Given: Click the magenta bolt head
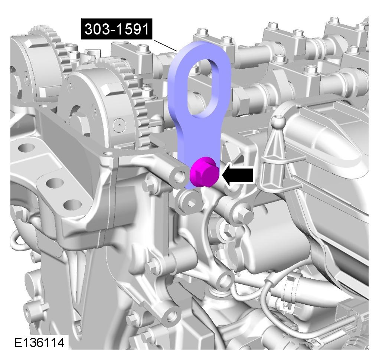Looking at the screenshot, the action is point(205,172).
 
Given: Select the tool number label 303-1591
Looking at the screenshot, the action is point(117,29).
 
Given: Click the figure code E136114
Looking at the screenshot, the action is point(39,342).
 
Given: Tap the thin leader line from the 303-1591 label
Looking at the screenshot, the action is point(166,45).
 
